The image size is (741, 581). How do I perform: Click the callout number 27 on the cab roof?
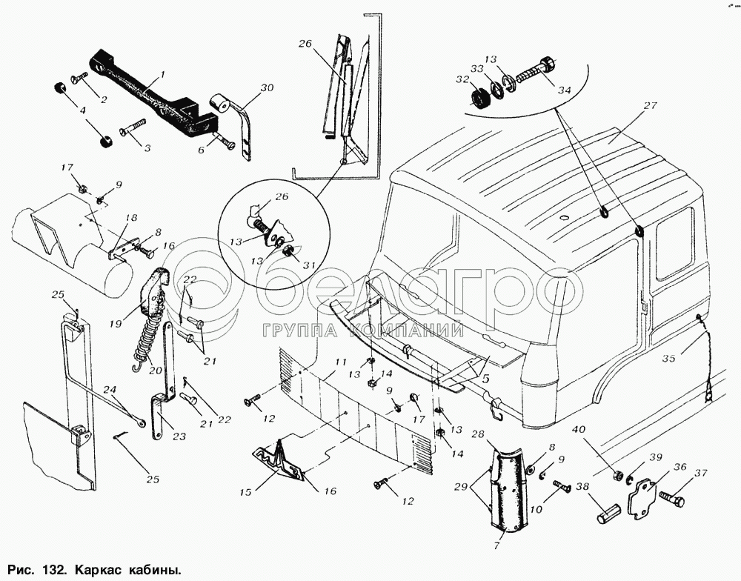(650, 106)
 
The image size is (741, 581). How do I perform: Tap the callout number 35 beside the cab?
(669, 359)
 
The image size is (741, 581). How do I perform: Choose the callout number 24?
(109, 388)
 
